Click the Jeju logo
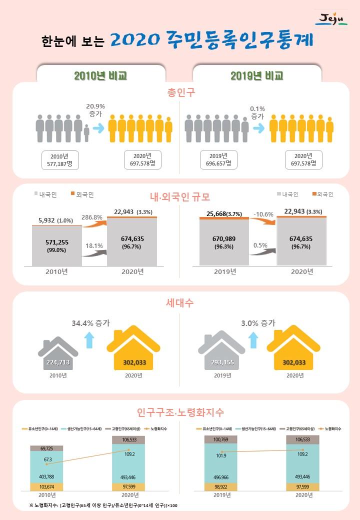tap(331, 19)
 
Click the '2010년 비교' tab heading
tap(100, 75)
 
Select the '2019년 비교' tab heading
tap(257, 75)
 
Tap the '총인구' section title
tap(180, 93)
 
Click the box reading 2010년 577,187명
tap(61, 158)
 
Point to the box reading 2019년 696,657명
tap(218, 158)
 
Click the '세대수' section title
tap(180, 303)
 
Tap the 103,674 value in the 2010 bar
tap(47, 486)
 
